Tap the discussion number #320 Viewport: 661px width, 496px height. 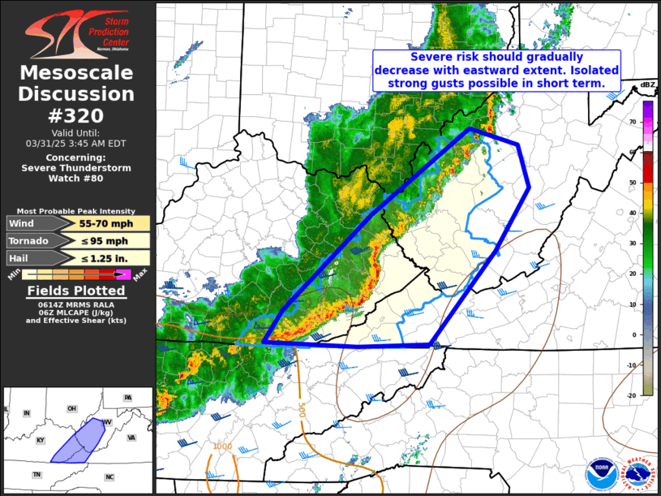click(76, 115)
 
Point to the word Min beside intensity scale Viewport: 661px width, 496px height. click(14, 275)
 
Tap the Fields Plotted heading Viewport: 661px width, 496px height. click(76, 290)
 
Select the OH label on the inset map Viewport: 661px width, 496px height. click(71, 408)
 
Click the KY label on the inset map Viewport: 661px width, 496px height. click(40, 440)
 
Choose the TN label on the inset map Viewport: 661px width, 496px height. click(36, 474)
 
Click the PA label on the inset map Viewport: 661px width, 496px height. click(127, 398)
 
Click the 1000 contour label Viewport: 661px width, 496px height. click(223, 446)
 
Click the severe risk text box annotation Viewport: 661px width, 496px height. click(496, 70)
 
